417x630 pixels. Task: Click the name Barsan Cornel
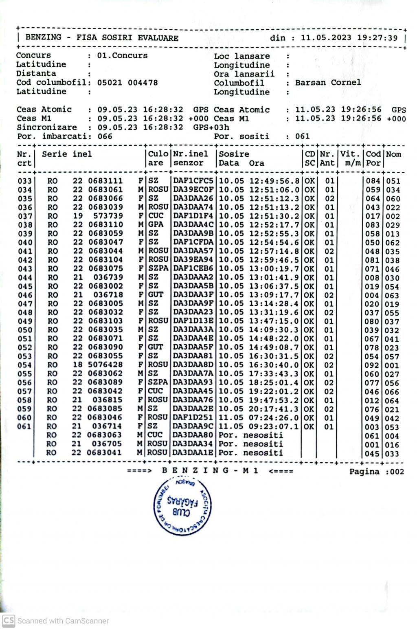point(328,83)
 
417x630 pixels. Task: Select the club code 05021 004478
point(127,83)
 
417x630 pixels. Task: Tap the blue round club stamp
point(182,507)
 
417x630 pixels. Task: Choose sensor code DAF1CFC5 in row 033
point(193,181)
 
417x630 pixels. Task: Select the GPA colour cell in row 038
point(156,224)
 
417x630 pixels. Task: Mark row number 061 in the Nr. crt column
point(24,426)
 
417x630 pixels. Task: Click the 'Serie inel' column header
point(67,154)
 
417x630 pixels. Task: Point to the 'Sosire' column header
point(234,154)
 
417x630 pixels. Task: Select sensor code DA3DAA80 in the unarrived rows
point(193,435)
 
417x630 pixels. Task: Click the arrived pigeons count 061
point(303,136)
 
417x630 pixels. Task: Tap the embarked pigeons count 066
point(105,136)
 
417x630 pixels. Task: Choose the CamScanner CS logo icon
point(8,621)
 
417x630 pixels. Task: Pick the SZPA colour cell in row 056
point(158,382)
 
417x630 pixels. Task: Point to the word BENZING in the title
point(43,37)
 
